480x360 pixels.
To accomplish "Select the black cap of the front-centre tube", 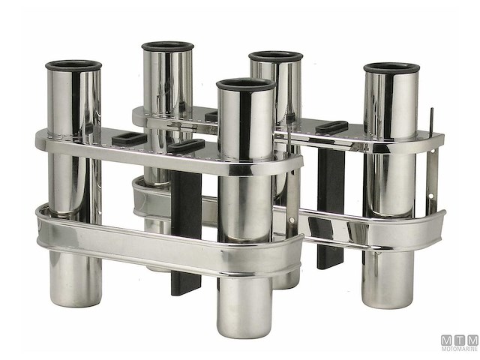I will (246, 84).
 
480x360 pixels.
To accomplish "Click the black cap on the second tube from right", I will (275, 56).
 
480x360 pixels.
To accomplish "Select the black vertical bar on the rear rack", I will (330, 210).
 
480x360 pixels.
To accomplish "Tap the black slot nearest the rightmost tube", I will (331, 126).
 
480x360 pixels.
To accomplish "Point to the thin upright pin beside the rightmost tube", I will (430, 120).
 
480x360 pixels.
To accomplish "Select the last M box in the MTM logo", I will (471, 340).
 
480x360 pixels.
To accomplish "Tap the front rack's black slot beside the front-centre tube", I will (186, 145).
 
